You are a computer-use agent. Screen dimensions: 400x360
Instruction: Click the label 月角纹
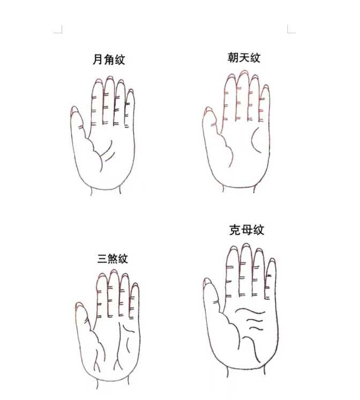(x=109, y=60)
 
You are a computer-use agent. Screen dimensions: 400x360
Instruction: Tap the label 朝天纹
(x=244, y=57)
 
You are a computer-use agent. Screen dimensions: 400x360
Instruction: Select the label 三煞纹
(x=112, y=259)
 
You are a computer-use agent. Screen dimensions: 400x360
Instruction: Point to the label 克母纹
(x=246, y=231)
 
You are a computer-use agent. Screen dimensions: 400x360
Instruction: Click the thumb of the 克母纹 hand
(x=209, y=292)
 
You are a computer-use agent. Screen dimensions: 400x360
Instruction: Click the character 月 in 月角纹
(x=98, y=60)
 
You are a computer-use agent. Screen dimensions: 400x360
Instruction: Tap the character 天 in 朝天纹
(x=244, y=57)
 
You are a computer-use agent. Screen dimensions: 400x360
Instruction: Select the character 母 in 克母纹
(x=246, y=231)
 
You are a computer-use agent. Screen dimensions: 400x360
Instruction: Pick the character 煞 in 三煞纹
(x=112, y=259)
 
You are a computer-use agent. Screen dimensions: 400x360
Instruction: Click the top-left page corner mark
(x=59, y=29)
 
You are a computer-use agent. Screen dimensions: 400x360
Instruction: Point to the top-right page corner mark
(x=290, y=29)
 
